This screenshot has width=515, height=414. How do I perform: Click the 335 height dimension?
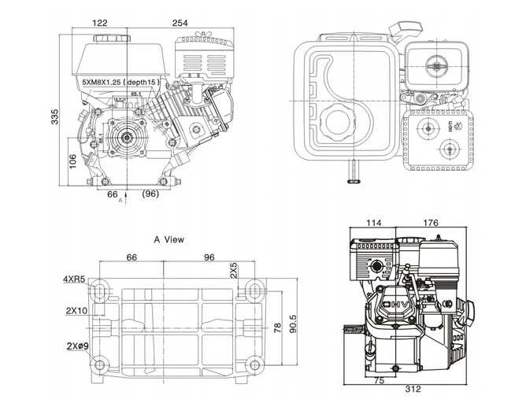coord(55,116)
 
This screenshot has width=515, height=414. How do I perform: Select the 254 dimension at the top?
coord(180,23)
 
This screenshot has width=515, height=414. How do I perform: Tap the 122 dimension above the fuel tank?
coord(100,23)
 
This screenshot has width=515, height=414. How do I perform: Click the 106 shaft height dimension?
coord(72,161)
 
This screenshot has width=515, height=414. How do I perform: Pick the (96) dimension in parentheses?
coord(151,193)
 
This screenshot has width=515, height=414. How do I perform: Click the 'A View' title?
coord(169,239)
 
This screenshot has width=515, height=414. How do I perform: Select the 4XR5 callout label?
coord(75,279)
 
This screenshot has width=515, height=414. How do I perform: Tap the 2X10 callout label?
coord(76,310)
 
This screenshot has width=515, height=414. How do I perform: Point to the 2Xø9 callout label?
coord(76,346)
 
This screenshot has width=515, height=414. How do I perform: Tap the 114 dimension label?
coord(373,223)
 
